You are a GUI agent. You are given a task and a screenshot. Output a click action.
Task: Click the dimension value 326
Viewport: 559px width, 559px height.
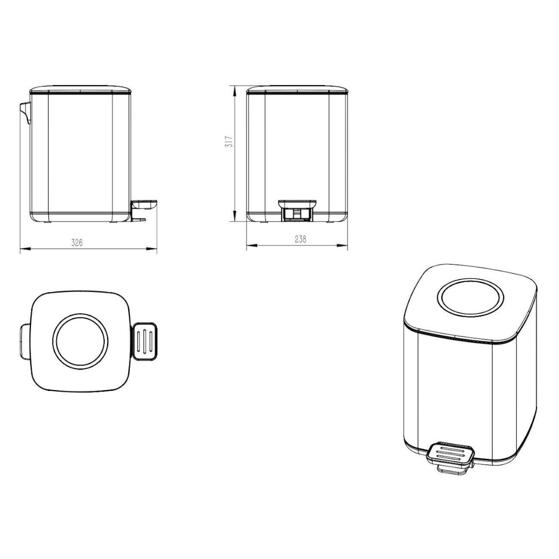tap(77, 243)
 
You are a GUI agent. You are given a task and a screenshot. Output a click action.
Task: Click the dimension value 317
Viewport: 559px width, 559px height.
tap(229, 142)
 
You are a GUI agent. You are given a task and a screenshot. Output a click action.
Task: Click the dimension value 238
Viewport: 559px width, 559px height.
tap(301, 240)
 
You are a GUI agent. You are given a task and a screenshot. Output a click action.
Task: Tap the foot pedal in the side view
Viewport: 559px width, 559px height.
tap(145, 203)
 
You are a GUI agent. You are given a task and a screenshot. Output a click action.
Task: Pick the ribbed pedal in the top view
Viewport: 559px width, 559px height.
tap(145, 341)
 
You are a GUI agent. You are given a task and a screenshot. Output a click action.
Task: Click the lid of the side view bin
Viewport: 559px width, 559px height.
tap(80, 89)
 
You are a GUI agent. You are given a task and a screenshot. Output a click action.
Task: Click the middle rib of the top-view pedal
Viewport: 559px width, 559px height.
tap(145, 341)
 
